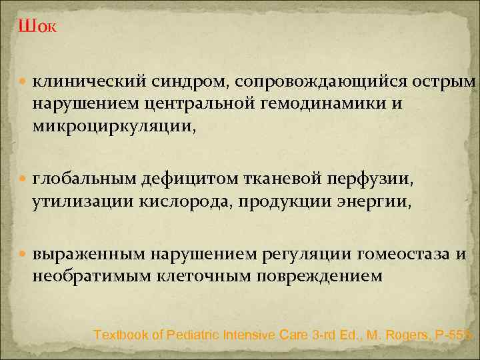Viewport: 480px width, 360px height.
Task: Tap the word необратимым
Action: [87, 275]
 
